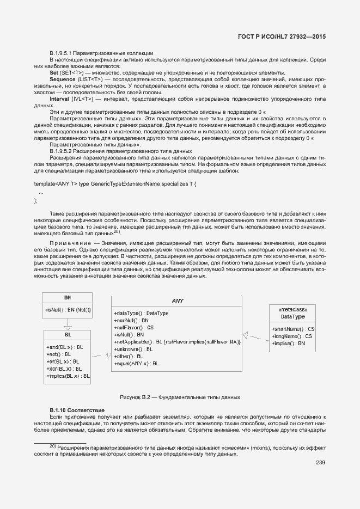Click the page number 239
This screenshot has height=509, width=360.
[x=320, y=463]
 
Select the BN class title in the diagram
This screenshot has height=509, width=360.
[x=68, y=298]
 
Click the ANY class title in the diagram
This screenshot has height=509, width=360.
[x=178, y=301]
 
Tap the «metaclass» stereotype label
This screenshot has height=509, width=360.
[x=292, y=309]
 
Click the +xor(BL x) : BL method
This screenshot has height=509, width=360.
[x=65, y=369]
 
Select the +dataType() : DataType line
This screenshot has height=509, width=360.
[x=141, y=314]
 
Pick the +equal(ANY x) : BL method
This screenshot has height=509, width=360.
[x=137, y=363]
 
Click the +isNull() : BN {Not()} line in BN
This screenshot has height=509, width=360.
[x=68, y=310]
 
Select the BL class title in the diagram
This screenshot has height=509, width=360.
[x=68, y=335]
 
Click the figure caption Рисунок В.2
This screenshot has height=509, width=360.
[x=180, y=397]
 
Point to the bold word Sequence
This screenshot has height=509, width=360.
[x=62, y=79]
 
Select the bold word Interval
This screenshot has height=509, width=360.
[x=59, y=99]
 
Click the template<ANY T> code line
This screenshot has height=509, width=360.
[x=115, y=185]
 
